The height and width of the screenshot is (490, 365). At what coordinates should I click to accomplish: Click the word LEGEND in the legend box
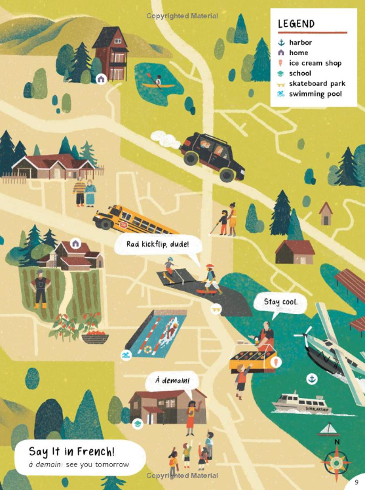296,24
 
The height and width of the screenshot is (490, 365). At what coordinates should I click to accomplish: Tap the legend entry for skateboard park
317,83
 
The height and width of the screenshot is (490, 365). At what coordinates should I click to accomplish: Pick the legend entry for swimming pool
315,94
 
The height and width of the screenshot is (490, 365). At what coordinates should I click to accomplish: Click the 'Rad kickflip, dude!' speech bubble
153,245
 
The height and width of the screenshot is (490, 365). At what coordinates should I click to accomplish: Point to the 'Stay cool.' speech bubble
280,302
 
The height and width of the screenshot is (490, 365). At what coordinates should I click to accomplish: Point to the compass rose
337,462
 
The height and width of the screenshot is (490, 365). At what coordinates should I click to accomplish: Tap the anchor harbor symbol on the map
313,378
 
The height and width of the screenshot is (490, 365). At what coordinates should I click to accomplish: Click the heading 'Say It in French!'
71,451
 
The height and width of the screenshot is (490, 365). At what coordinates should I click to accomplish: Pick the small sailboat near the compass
328,430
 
